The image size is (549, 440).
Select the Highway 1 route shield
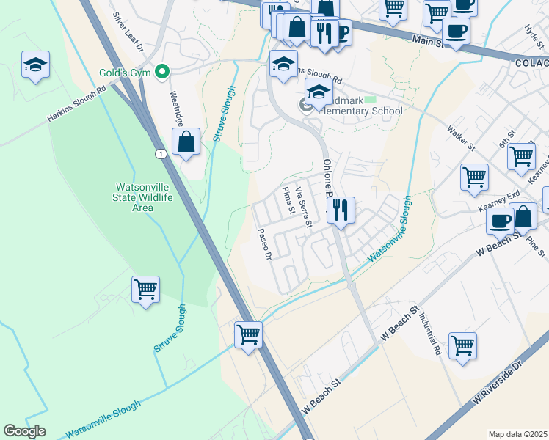(x=159, y=153)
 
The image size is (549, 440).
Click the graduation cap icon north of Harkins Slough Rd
(x=35, y=65)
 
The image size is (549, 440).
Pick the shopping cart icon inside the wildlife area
(x=146, y=289)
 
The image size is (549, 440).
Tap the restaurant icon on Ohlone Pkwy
(x=341, y=210)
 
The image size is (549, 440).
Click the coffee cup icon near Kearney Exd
(x=501, y=220)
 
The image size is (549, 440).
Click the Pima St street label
(x=288, y=200)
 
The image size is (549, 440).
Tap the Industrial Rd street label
(x=431, y=334)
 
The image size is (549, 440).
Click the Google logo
(x=25, y=431)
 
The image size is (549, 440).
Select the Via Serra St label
(x=303, y=205)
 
